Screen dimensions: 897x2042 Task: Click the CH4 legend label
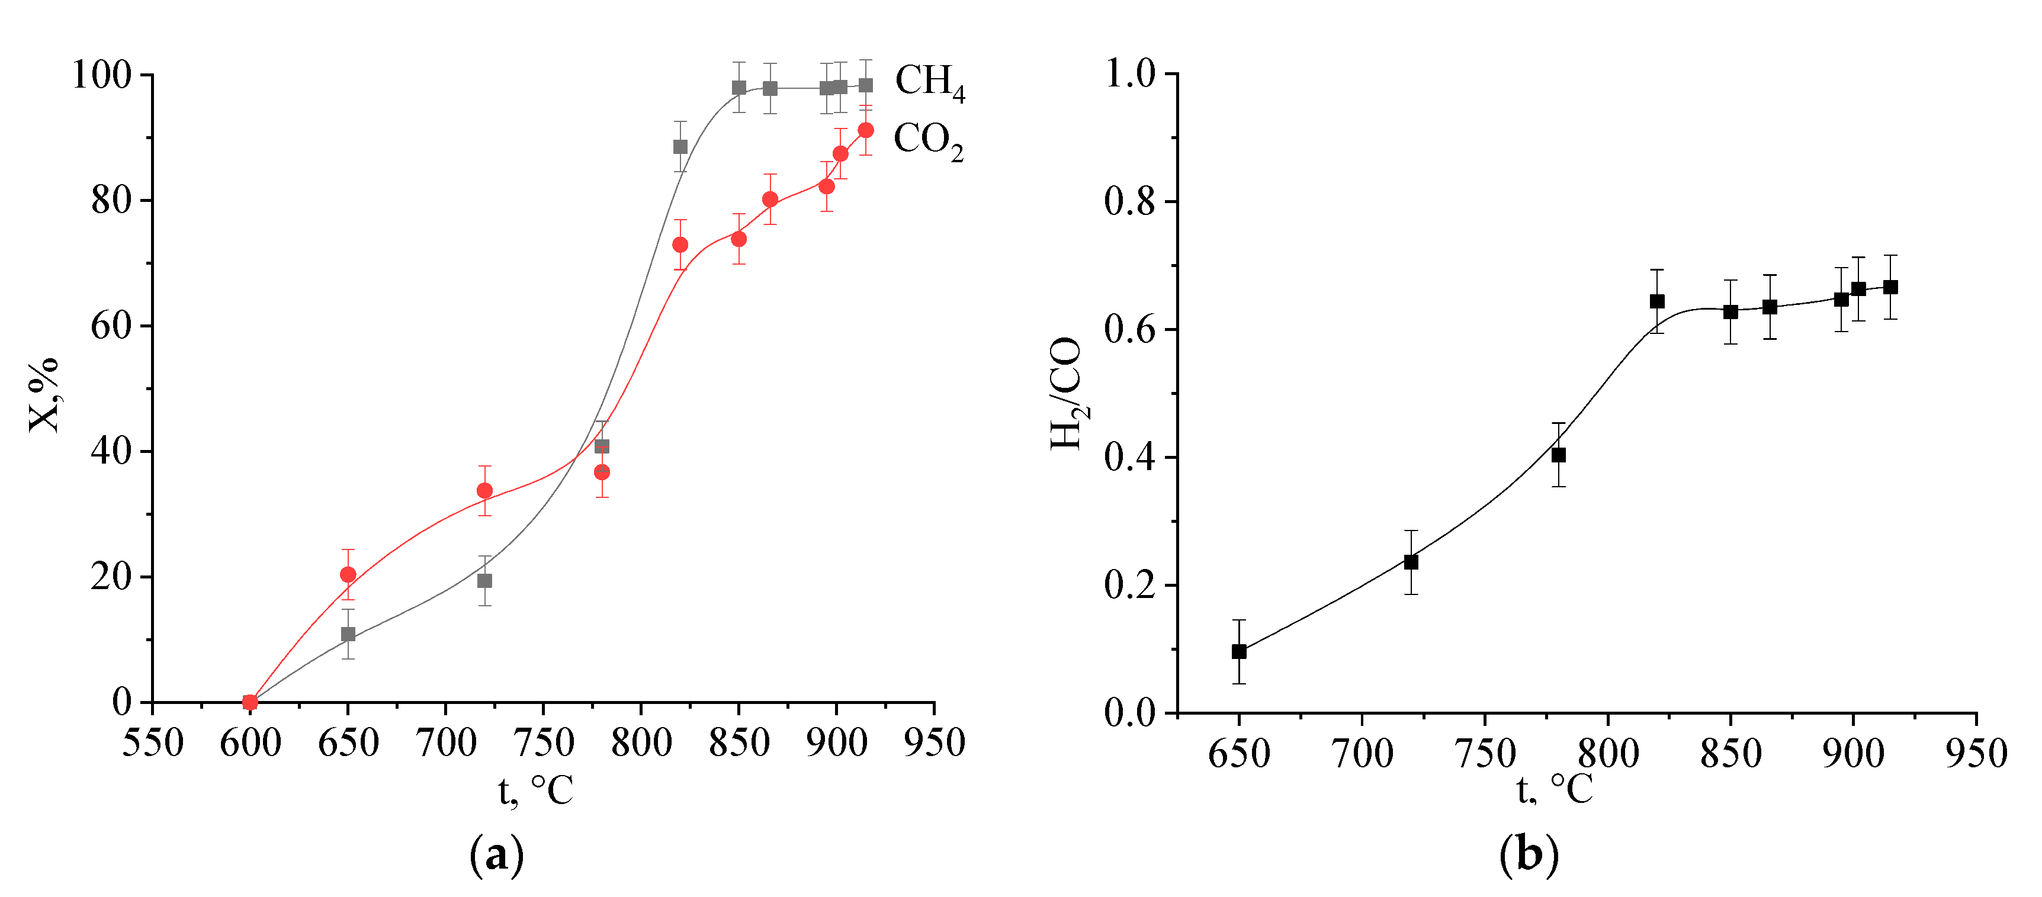pyautogui.click(x=929, y=82)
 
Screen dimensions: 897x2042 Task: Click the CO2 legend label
pyautogui.click(x=927, y=140)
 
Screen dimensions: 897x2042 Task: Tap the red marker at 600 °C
pyautogui.click(x=250, y=702)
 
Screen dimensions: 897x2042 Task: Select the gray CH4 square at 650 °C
pyautogui.click(x=348, y=634)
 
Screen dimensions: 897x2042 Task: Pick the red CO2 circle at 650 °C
pyautogui.click(x=348, y=574)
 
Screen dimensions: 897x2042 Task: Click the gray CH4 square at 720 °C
pyautogui.click(x=484, y=581)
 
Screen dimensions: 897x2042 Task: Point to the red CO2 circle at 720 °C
pyautogui.click(x=484, y=490)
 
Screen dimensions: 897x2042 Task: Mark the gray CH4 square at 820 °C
pyautogui.click(x=680, y=147)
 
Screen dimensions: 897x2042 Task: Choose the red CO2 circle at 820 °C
pyautogui.click(x=680, y=245)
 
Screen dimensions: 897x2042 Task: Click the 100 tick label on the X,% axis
pyautogui.click(x=101, y=75)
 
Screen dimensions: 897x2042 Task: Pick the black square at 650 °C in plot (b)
pyautogui.click(x=1239, y=652)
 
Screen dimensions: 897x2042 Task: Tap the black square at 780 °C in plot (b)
pyautogui.click(x=1559, y=455)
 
